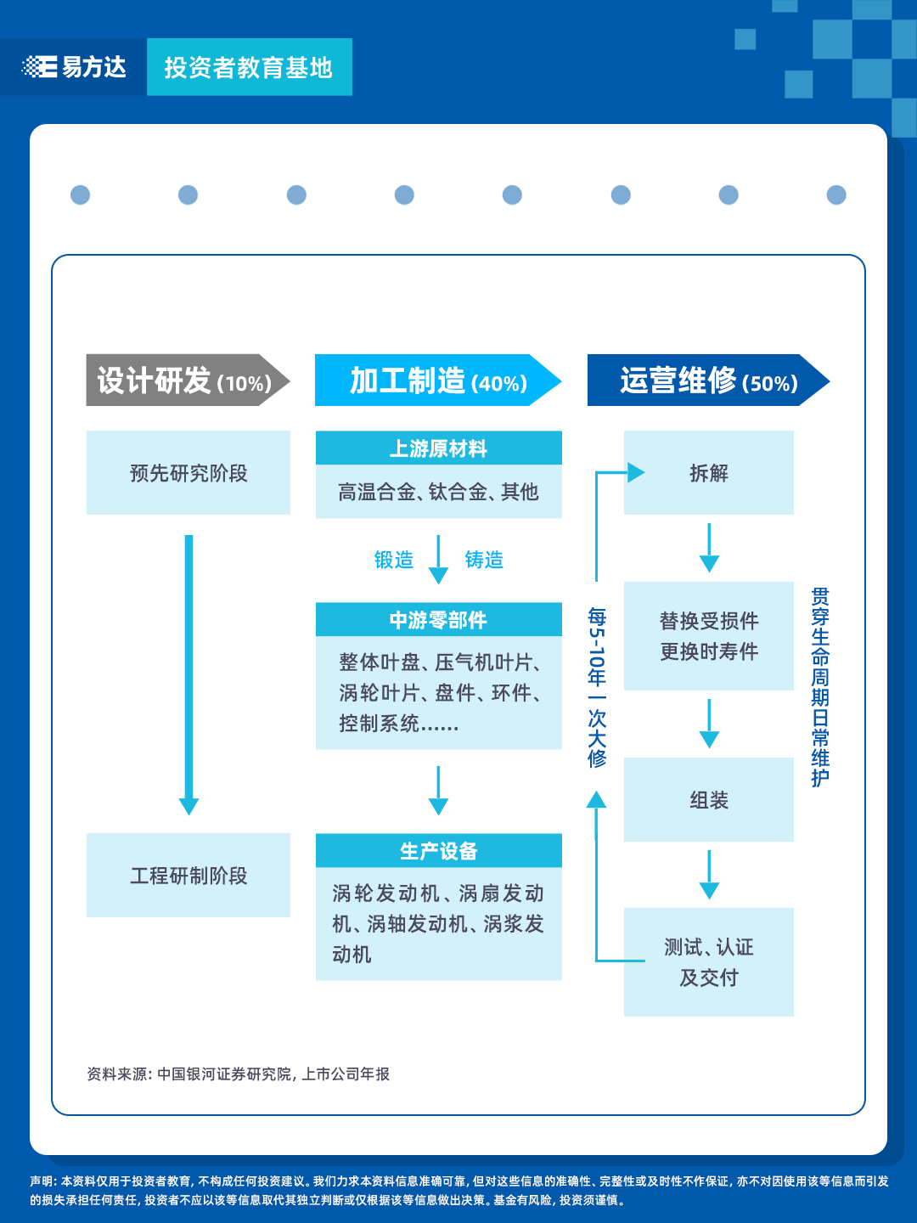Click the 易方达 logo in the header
(74, 67)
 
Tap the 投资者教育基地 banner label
(248, 68)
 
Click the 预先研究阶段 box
(188, 473)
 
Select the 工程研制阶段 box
(188, 876)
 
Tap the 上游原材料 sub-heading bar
(438, 448)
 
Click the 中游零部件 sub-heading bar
(438, 620)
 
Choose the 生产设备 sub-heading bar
(438, 851)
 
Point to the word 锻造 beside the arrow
(394, 560)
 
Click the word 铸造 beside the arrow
(484, 560)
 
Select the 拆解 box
(709, 473)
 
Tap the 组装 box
(709, 800)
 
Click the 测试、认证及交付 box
(709, 962)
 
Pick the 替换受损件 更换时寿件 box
(709, 636)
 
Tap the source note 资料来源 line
(239, 1074)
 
